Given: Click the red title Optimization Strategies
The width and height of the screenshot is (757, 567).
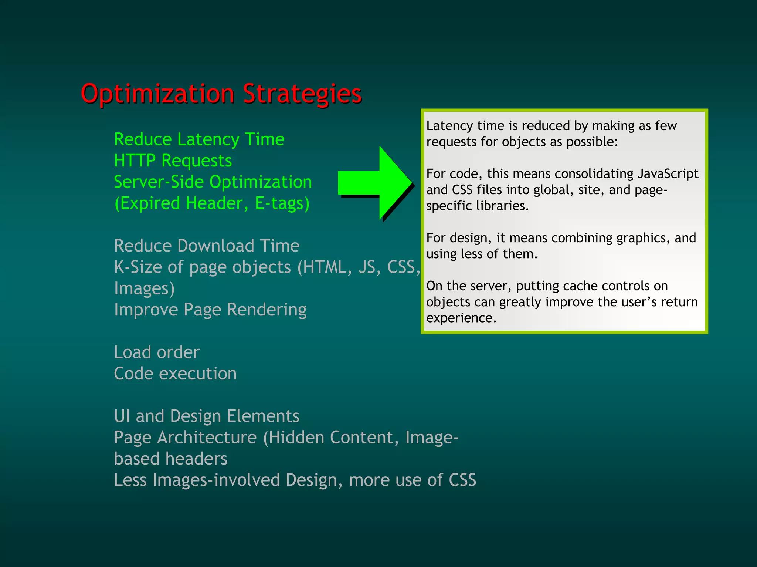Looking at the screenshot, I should (221, 94).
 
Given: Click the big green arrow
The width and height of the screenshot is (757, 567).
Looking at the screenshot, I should (375, 183).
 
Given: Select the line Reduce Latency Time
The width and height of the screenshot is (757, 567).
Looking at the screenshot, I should (199, 139).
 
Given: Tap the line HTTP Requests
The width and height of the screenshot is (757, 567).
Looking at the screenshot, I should (173, 161).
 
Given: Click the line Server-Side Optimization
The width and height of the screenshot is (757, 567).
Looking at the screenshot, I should (213, 182).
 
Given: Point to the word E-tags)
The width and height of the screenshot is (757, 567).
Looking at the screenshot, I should (282, 203).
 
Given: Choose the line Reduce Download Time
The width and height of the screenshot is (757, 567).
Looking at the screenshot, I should (207, 246).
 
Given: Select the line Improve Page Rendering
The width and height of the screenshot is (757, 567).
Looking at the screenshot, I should (210, 310).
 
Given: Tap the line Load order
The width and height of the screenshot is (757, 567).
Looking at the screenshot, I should (157, 352).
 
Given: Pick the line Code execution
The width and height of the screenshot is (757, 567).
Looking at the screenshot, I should (175, 374).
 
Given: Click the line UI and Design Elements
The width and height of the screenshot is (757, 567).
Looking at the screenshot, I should (207, 416).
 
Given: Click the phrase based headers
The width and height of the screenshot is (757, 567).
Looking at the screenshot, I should (171, 459).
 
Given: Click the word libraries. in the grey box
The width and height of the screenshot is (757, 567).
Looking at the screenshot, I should (502, 206).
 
